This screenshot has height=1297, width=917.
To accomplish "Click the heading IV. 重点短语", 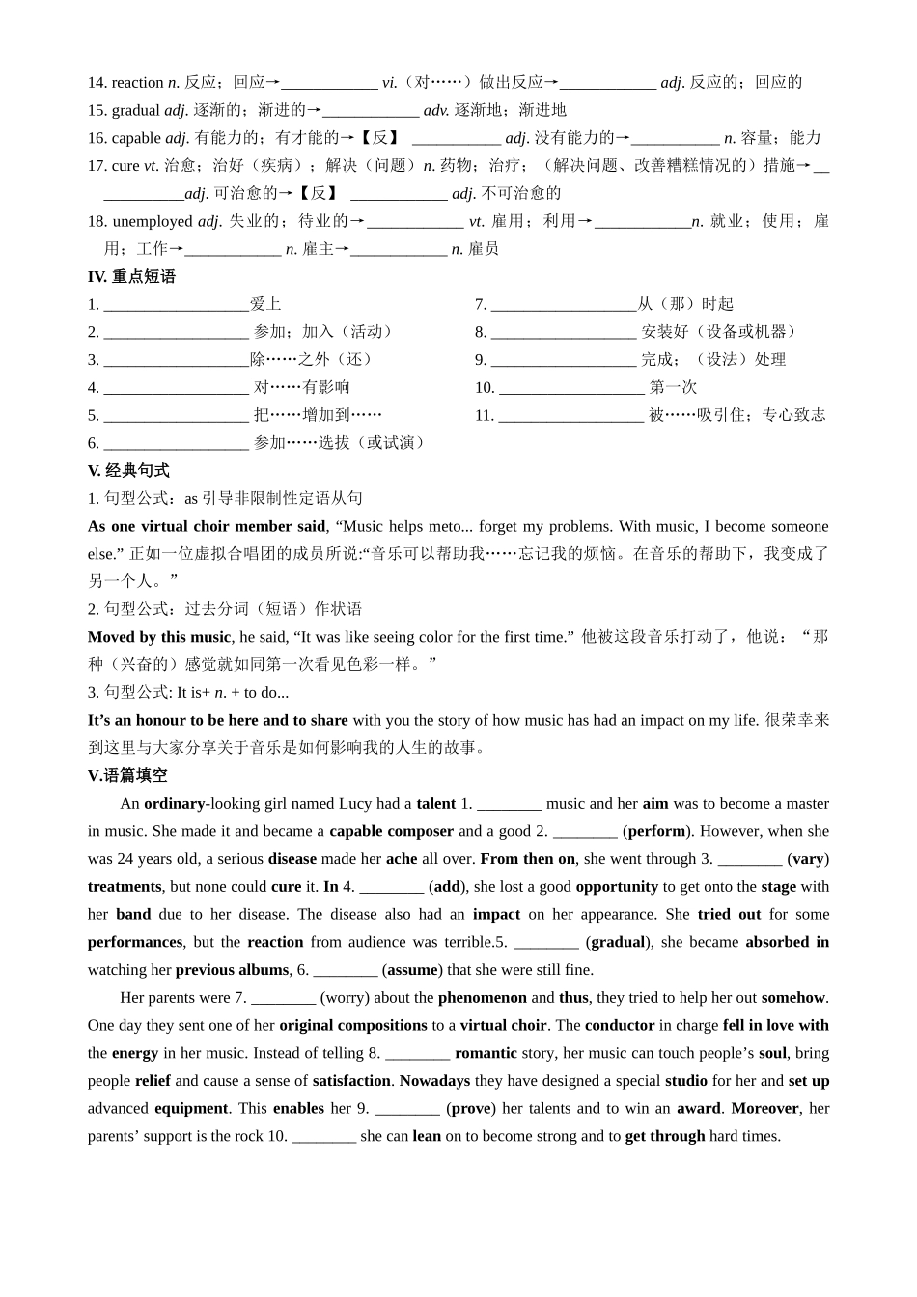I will [x=131, y=277].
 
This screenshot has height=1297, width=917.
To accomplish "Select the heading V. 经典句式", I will [x=128, y=471].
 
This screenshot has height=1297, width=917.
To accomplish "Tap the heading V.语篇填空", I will [x=127, y=776].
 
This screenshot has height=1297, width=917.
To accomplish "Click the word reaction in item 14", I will [x=137, y=83].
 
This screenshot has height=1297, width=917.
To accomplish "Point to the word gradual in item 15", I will [x=135, y=110].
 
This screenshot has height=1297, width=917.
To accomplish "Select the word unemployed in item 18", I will [x=153, y=221].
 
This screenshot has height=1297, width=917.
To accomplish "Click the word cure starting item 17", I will [x=125, y=166].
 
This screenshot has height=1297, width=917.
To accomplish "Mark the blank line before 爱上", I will [x=176, y=306].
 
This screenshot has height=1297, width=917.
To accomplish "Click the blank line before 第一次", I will [x=571, y=389].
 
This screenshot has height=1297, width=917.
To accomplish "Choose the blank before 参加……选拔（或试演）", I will [x=176, y=445].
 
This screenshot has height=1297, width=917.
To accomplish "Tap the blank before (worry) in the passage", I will [x=283, y=999].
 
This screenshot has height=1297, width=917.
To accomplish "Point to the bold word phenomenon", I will [x=482, y=998].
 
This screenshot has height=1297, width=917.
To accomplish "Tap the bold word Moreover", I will [x=764, y=1109].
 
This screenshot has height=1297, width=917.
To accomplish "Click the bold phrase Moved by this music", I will [x=159, y=637].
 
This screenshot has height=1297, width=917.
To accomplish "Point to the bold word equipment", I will [x=191, y=1109].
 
